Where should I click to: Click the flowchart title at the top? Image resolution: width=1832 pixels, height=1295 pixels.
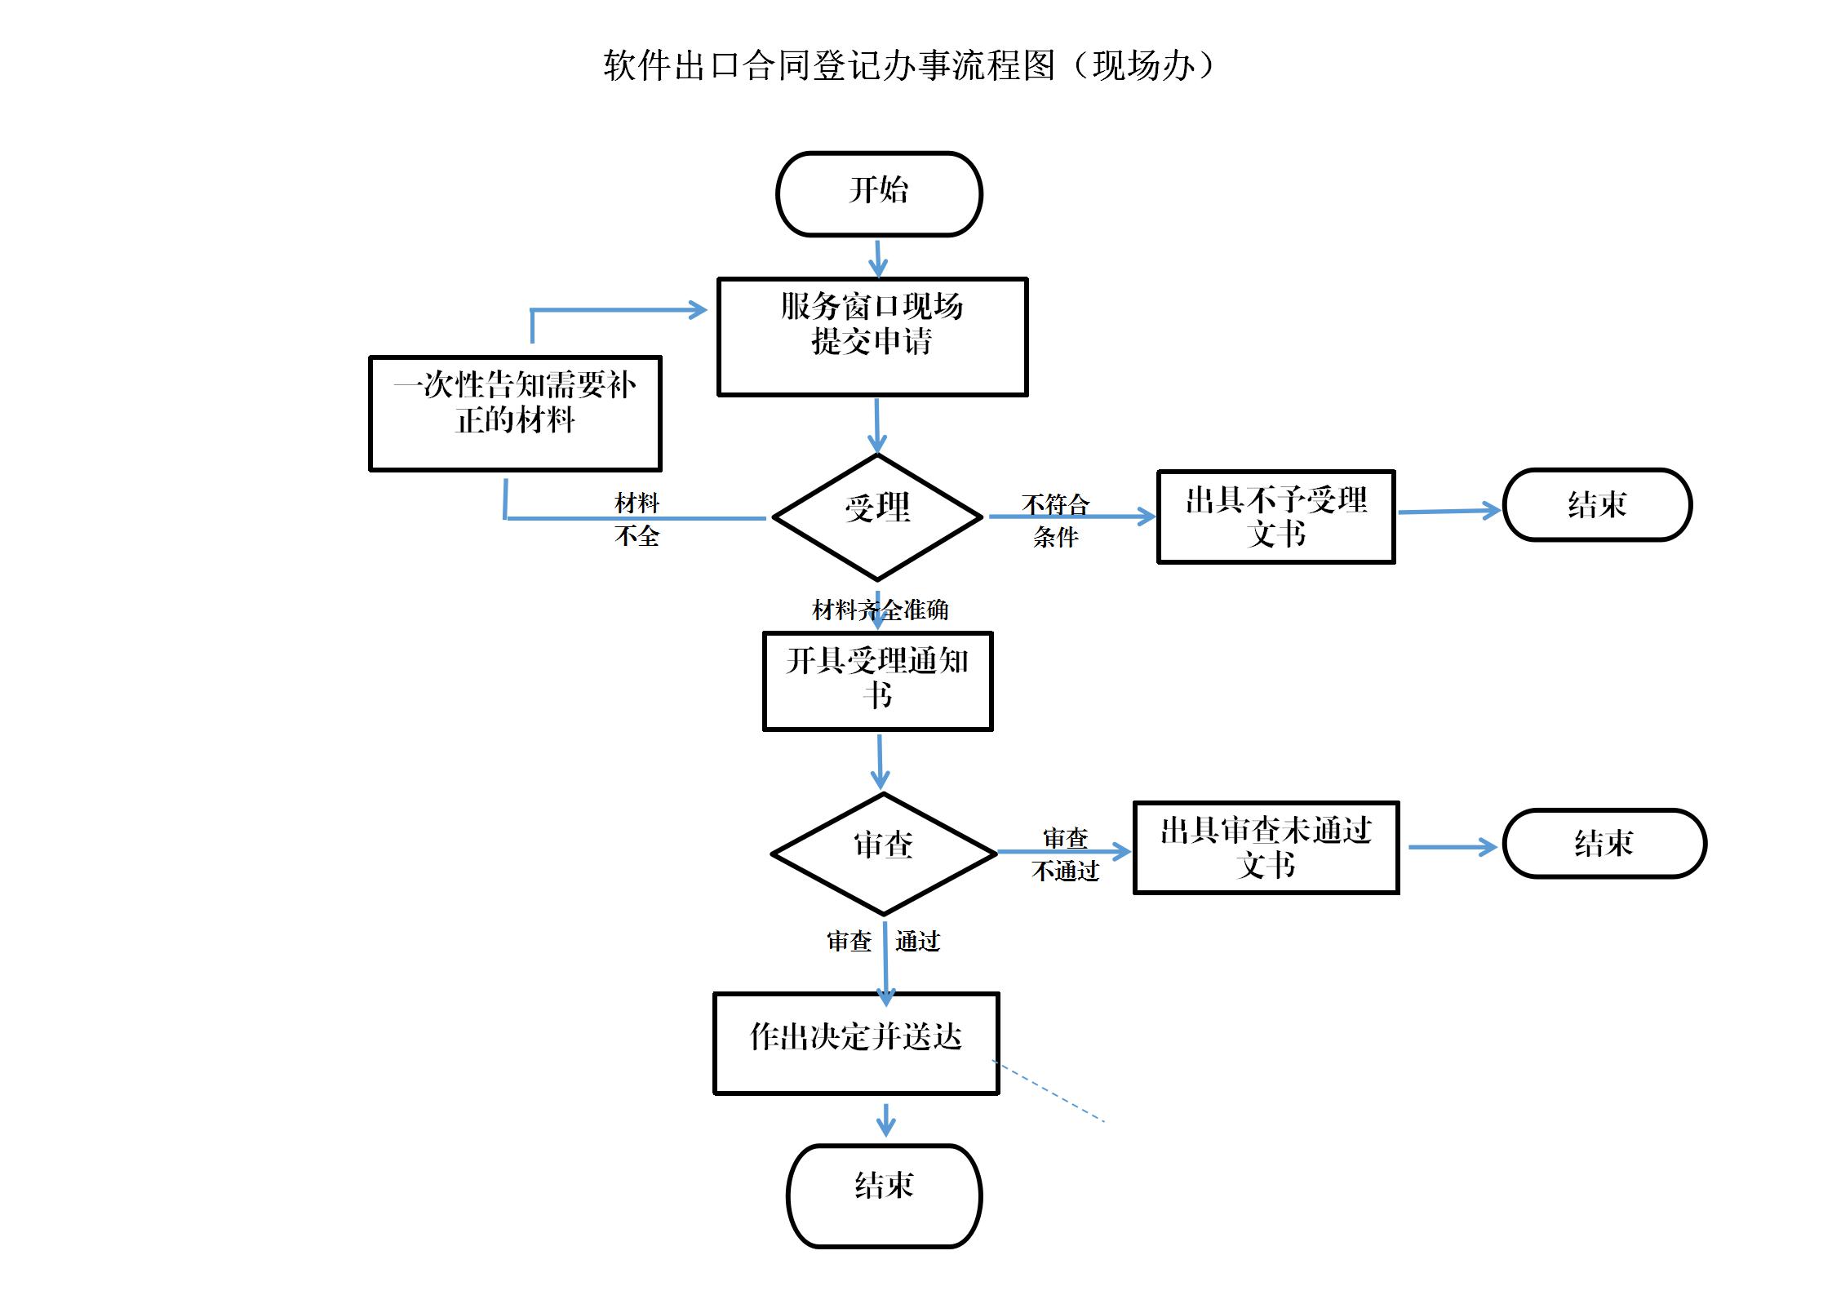tap(909, 65)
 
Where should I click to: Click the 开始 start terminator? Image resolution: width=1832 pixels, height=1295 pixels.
tap(879, 193)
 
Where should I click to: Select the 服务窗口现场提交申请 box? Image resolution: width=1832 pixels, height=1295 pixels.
tap(872, 336)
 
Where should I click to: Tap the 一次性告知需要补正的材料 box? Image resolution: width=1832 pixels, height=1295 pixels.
tap(515, 413)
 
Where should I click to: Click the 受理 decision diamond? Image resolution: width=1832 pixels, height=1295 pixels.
tap(877, 516)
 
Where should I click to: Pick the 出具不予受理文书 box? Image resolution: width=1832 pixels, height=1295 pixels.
tap(1275, 516)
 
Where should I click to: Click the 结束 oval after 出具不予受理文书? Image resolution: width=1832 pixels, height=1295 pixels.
tap(1597, 504)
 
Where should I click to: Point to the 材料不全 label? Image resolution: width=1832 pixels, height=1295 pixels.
tap(637, 519)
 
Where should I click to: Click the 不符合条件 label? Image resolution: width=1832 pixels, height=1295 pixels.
tap(1055, 520)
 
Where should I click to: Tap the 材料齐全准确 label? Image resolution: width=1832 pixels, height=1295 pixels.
tap(880, 610)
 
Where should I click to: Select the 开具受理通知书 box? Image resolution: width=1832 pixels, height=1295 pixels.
tap(877, 681)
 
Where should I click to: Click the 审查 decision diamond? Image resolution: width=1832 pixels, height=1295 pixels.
tap(883, 853)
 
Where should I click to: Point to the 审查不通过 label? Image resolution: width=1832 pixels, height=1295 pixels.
tap(1065, 854)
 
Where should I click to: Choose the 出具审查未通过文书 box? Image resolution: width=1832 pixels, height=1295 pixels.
tap(1266, 847)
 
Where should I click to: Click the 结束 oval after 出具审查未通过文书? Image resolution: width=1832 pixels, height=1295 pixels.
tap(1604, 843)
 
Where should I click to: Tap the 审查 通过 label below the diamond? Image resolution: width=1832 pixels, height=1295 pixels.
tap(884, 941)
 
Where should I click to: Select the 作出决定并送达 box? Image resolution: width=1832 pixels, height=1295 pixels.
tap(856, 1042)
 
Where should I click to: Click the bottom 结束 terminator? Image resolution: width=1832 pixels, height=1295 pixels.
tap(884, 1195)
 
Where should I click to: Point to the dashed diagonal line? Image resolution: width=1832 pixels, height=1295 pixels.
tap(1049, 1091)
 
